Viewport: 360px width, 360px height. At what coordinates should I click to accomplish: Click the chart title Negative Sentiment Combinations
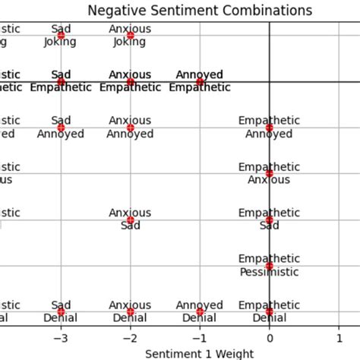[x=200, y=11]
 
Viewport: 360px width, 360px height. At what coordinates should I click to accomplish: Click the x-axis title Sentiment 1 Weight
[x=200, y=353]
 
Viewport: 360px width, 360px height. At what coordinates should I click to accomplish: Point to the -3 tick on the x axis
[x=61, y=338]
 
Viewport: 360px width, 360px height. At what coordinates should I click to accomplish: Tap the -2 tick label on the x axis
[x=130, y=338]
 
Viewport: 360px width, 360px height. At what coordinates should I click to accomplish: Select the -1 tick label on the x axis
[x=199, y=338]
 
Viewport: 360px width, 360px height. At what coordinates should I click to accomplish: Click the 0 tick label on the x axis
[x=269, y=338]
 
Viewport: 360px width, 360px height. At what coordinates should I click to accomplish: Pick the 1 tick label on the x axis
[x=338, y=338]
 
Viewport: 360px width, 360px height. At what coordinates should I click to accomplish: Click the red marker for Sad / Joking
[x=61, y=36]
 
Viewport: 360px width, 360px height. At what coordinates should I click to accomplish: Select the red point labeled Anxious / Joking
[x=130, y=36]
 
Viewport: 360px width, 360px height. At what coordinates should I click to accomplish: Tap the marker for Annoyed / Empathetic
[x=200, y=82]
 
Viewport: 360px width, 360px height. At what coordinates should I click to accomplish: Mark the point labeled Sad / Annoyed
[x=61, y=128]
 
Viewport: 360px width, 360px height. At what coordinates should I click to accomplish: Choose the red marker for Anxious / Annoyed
[x=130, y=128]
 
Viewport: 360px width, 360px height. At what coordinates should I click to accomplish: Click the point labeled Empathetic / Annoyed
[x=269, y=128]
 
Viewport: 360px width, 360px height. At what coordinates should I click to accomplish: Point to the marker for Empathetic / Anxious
[x=269, y=174]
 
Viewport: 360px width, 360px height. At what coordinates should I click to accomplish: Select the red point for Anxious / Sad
[x=130, y=220]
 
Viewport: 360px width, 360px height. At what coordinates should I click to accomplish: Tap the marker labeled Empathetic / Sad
[x=269, y=220]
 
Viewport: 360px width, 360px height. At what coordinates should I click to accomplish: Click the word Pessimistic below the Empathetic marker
[x=269, y=273]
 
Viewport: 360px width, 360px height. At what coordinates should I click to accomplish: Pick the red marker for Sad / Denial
[x=61, y=312]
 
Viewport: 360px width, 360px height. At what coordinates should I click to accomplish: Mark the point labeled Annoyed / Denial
[x=200, y=312]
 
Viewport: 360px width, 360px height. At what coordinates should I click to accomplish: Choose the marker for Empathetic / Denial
[x=269, y=312]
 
